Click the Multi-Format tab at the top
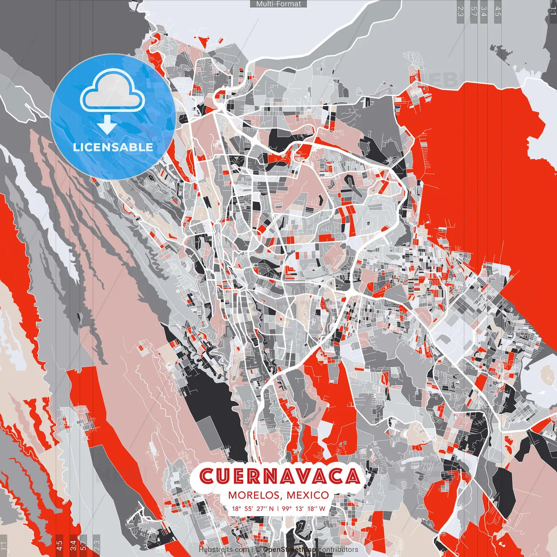click(278, 4)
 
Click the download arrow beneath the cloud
click(107, 125)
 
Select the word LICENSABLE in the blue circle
click(113, 147)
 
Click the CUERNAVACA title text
click(280, 476)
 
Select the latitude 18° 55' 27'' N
click(253, 508)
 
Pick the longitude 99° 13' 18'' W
click(303, 508)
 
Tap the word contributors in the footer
click(338, 550)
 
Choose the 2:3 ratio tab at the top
click(460, 11)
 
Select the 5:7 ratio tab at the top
click(473, 11)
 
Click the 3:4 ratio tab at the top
click(484, 11)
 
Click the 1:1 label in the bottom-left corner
click(3, 545)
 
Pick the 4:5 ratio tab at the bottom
click(59, 545)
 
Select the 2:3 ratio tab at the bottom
click(97, 545)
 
